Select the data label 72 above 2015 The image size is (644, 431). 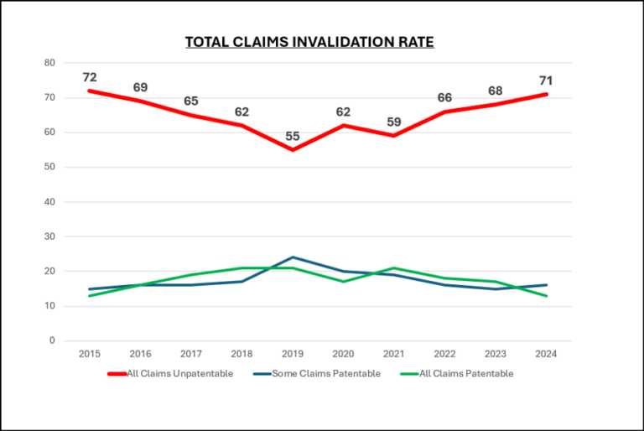(89, 77)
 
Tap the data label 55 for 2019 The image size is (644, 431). (293, 136)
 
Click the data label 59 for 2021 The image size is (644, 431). (394, 122)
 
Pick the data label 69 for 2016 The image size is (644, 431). (140, 87)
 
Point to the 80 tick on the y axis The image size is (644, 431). (49, 63)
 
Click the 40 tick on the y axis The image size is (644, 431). (49, 202)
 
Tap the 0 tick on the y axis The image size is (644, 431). (52, 341)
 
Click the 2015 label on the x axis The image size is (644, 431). (89, 355)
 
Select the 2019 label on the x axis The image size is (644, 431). (293, 355)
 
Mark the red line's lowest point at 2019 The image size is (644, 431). (293, 150)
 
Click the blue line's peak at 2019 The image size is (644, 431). (293, 257)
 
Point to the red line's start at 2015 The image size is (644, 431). (89, 91)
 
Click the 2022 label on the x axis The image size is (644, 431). (445, 355)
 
